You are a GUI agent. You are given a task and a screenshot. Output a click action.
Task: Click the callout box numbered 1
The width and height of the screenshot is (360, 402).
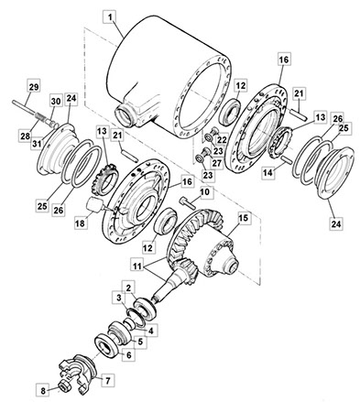(x=110, y=17)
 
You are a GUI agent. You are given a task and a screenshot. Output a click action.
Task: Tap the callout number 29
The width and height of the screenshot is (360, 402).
(x=34, y=87)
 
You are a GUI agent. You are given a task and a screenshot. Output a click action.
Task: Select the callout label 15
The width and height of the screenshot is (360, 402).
(x=244, y=218)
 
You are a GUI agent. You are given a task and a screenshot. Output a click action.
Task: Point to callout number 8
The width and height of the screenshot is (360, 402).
(x=43, y=391)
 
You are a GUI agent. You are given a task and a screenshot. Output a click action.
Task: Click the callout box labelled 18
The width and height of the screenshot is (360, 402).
(x=80, y=223)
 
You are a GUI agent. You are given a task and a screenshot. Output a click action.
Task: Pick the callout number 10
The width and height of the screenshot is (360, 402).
(x=205, y=192)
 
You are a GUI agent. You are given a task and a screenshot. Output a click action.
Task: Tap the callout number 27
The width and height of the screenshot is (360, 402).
(x=217, y=163)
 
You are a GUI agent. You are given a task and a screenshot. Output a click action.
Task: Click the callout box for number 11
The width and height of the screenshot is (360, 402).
(x=137, y=266)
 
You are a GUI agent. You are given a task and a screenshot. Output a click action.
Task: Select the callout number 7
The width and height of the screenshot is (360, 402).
(x=107, y=381)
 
